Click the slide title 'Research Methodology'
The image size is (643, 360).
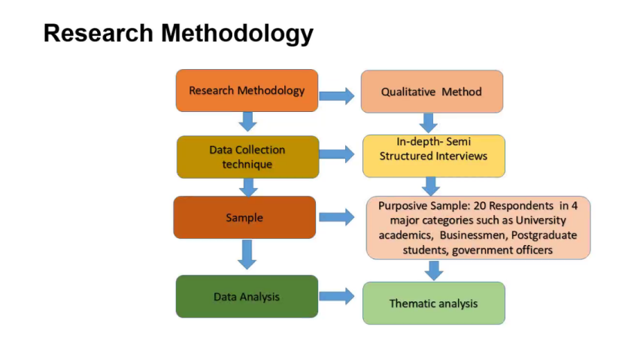click(178, 34)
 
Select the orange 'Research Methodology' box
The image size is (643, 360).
click(247, 90)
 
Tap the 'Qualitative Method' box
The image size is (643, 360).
click(432, 92)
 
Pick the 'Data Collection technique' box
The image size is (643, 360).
click(247, 156)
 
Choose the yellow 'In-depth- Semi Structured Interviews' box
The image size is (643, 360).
click(434, 156)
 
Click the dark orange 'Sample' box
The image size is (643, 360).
click(244, 217)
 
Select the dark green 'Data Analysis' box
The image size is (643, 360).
click(247, 296)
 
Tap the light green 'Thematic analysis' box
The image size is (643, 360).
click(434, 303)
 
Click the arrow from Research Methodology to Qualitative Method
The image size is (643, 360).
click(337, 96)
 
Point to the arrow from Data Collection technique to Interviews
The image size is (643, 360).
click(337, 154)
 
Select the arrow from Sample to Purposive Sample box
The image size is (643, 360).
click(337, 217)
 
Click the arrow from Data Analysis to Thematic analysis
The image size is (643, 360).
click(337, 296)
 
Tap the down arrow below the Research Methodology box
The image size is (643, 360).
click(247, 122)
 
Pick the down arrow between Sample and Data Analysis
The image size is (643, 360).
click(247, 255)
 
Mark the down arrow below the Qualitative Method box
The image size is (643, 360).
click(429, 123)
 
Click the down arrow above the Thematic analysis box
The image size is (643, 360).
click(434, 271)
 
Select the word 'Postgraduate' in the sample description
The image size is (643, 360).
click(544, 235)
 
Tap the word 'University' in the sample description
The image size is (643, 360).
click(541, 221)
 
